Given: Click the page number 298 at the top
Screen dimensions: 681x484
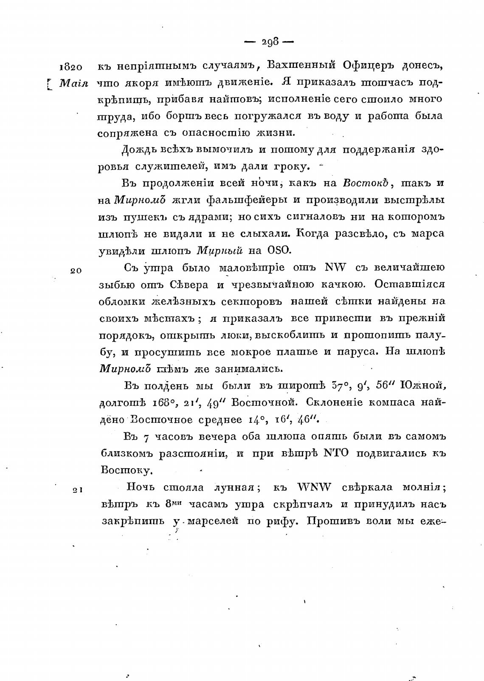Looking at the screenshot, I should click(270, 42).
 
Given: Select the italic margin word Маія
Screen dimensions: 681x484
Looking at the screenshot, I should click(73, 84).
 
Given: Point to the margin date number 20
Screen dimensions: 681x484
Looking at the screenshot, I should click(76, 271).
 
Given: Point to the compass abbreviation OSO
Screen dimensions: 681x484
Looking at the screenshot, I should click(279, 250).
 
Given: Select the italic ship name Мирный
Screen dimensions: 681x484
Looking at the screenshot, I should click(220, 250).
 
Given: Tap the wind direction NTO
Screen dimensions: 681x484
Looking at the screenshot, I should click(337, 453).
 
